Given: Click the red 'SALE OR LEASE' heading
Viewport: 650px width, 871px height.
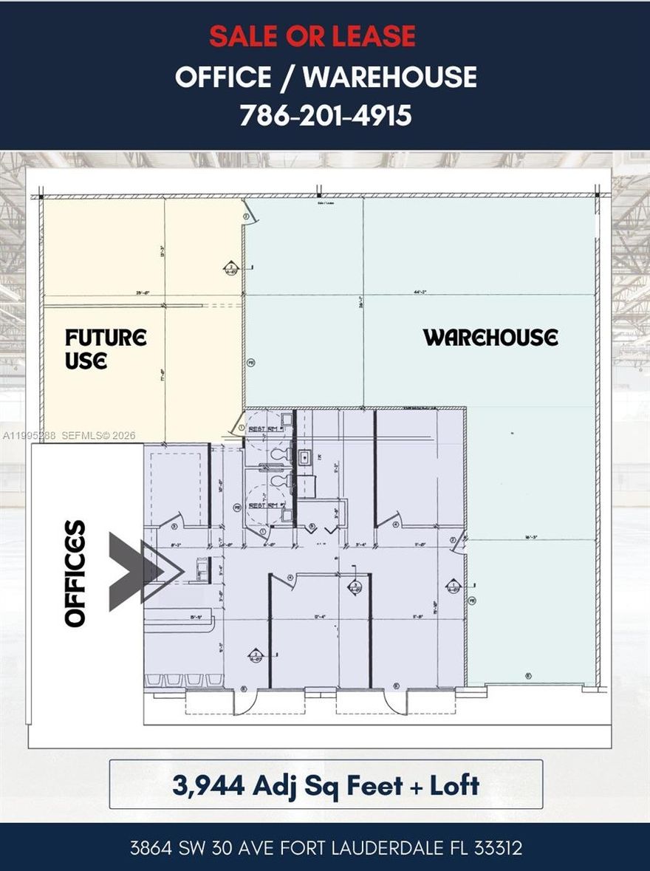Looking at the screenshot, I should (x=312, y=36).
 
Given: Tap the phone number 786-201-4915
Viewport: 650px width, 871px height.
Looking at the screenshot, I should (x=325, y=115).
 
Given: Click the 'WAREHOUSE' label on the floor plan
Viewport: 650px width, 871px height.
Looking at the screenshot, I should (x=490, y=338).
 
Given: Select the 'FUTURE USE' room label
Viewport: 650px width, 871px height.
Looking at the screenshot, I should (x=106, y=349).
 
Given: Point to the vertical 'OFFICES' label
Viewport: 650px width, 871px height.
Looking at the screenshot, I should (x=75, y=573).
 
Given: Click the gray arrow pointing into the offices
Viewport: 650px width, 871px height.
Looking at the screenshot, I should (x=145, y=571).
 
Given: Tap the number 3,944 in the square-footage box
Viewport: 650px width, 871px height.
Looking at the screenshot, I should (x=208, y=785).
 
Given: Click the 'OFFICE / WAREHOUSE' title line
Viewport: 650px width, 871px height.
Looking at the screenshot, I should (x=325, y=77).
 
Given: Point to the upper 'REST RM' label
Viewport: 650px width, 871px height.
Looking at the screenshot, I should (x=263, y=428).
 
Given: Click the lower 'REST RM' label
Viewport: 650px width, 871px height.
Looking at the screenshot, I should (x=263, y=505).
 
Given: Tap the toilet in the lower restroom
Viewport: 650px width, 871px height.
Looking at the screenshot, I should (x=278, y=480).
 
